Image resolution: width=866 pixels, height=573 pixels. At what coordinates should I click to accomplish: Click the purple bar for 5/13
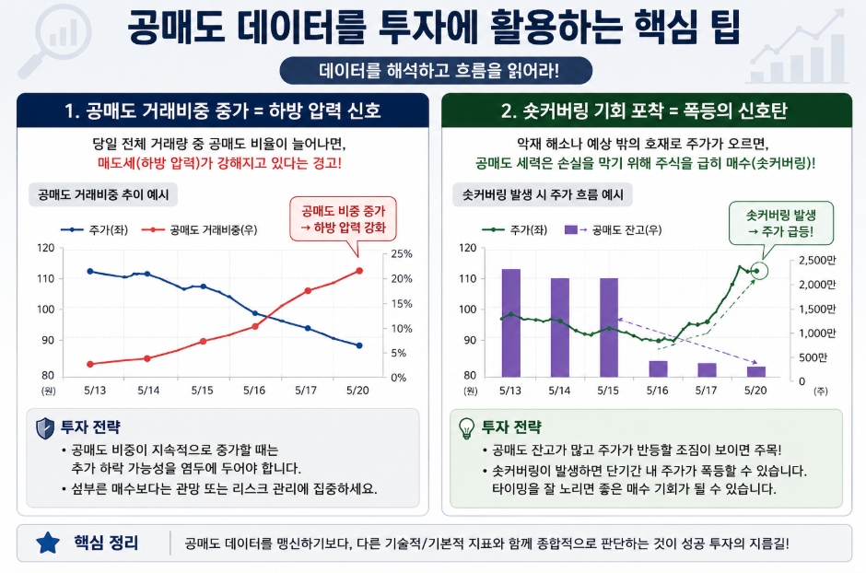(511, 323)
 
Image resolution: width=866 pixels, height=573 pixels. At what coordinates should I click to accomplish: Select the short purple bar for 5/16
(658, 368)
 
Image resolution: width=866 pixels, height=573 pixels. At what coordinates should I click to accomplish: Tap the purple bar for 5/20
(756, 371)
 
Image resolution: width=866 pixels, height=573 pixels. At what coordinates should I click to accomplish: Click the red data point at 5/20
(359, 271)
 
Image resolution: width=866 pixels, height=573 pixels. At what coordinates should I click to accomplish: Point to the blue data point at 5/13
(90, 271)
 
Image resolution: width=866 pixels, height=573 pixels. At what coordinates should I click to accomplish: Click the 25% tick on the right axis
(402, 254)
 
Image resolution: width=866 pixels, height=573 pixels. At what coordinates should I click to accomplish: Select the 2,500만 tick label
(817, 261)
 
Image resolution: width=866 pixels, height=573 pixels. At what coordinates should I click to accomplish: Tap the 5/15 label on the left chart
(202, 391)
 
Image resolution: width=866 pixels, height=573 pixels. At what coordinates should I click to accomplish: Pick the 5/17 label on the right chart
(706, 391)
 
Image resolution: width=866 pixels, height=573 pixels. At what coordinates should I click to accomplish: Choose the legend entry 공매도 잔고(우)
(613, 229)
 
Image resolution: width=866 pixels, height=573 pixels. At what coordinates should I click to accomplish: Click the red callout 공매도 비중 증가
(343, 219)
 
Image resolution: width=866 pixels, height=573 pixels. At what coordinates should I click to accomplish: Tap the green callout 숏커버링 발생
(781, 223)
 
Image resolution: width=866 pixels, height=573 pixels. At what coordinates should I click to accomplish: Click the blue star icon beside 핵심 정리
(48, 543)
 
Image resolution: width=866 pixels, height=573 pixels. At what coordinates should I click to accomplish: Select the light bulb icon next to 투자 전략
(467, 427)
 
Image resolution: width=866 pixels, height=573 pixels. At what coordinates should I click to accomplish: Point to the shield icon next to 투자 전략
(45, 428)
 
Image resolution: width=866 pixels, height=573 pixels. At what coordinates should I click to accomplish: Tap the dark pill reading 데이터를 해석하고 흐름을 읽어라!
(437, 71)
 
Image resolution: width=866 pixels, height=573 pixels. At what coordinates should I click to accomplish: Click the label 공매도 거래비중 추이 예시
(103, 194)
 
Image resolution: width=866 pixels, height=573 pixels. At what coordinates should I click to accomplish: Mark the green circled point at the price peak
(759, 271)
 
